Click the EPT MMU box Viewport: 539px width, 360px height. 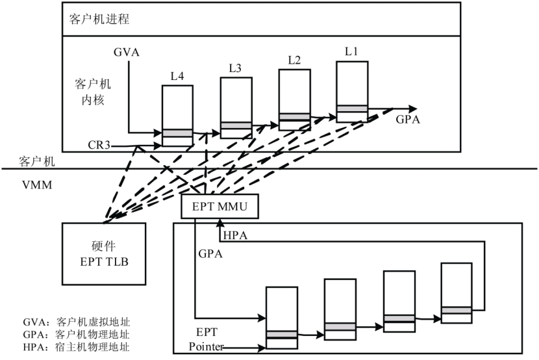pyautogui.click(x=219, y=207)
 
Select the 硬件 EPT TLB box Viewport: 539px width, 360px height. pyautogui.click(x=105, y=253)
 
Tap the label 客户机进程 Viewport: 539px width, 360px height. pyautogui.click(x=99, y=18)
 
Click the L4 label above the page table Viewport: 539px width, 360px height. pyautogui.click(x=177, y=77)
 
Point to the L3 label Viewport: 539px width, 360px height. pyautogui.click(x=236, y=68)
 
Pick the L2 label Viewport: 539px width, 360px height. pyautogui.click(x=294, y=60)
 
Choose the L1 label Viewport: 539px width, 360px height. pyautogui.click(x=352, y=51)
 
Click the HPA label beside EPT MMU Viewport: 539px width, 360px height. pyautogui.click(x=235, y=235)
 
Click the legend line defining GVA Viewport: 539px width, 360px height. pyautogui.click(x=75, y=322)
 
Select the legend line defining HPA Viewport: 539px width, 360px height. pyautogui.click(x=75, y=347)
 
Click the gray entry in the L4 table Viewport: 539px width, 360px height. pyautogui.click(x=177, y=133)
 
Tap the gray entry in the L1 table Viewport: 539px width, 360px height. pyautogui.click(x=353, y=108)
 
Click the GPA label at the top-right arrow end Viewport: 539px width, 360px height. pyautogui.click(x=408, y=120)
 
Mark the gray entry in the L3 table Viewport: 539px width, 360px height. pyautogui.click(x=236, y=125)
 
